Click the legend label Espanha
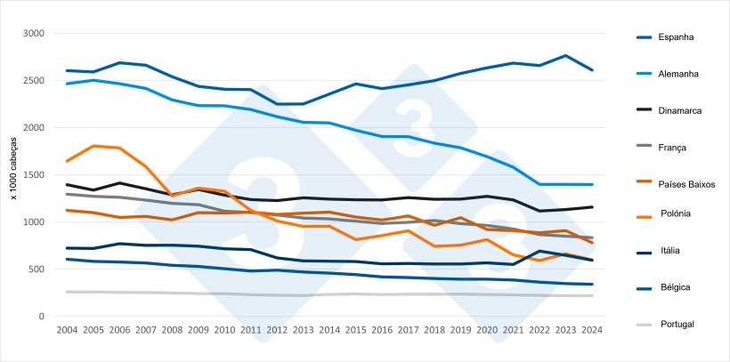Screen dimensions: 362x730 676,37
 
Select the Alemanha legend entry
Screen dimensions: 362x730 678,74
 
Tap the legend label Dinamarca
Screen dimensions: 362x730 680,110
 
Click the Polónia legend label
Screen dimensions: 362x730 676,213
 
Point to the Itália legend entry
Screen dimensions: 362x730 669,251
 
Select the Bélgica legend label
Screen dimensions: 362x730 674,287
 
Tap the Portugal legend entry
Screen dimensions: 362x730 677,325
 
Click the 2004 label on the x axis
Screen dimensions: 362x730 67,329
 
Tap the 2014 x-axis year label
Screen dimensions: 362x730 329,329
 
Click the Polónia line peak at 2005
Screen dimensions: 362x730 93,146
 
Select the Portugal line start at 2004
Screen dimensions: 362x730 67,292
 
